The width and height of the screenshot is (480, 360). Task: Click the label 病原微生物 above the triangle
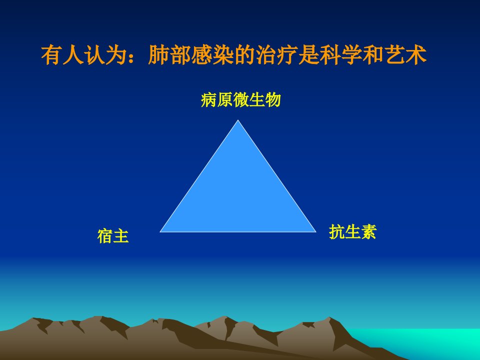240,100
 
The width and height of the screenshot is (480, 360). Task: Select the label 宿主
113,236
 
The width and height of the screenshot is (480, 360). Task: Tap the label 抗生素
352,231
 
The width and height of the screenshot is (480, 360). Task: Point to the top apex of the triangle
238,120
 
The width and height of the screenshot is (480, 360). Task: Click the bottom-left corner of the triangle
160,231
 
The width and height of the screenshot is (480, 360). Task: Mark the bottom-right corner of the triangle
315,231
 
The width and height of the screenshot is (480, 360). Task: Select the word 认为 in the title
105,55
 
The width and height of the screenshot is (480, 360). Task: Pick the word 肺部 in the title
169,55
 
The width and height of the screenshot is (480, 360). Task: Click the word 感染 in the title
212,55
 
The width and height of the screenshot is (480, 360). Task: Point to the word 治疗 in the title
276,55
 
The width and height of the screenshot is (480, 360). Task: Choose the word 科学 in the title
340,55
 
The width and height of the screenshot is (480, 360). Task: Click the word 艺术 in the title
405,55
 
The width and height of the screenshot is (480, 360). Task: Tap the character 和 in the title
373,55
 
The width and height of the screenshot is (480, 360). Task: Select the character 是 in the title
308,55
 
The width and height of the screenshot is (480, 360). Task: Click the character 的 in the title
244,55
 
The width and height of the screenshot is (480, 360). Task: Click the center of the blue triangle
238,194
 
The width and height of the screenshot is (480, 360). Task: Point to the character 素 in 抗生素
368,231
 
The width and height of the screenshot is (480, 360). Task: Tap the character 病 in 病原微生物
209,100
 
